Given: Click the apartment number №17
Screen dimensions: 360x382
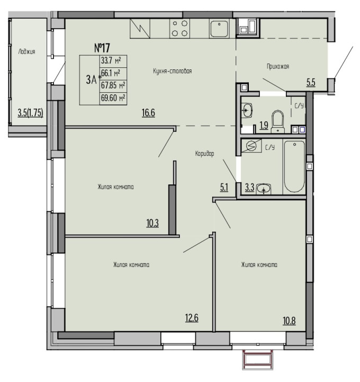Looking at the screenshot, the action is point(102,48).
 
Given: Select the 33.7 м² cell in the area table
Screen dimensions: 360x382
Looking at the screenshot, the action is point(113,61).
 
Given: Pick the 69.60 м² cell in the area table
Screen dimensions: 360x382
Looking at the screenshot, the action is point(113,99).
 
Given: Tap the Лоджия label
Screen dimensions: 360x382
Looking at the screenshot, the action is point(27,51).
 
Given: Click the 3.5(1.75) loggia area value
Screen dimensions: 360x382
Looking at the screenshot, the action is point(30,113).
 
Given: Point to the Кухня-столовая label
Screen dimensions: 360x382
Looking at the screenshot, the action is point(173,71).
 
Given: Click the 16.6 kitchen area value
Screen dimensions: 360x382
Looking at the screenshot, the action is point(148,113).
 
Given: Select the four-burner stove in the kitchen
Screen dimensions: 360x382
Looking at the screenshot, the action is point(180,29).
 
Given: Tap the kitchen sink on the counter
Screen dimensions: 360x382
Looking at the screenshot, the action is point(219,29).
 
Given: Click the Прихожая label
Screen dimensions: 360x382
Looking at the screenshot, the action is point(278,67).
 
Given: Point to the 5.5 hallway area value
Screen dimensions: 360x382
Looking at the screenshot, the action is point(311,83).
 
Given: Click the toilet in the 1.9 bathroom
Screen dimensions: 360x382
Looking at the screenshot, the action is point(278,121).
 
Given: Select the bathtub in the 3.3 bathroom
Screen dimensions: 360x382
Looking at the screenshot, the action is point(294,167).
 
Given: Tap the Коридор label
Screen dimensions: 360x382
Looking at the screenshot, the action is point(205,154).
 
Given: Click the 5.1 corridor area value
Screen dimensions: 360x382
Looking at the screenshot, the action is point(224,188).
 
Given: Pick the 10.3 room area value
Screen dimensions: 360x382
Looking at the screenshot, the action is point(152,223).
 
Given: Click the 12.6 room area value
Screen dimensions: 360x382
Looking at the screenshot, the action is point(192,318).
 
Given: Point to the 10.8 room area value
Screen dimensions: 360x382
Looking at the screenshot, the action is point(289,321).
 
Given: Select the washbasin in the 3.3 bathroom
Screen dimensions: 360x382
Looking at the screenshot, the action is point(264,189).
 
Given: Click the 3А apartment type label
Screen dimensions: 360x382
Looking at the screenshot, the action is point(91,79).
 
